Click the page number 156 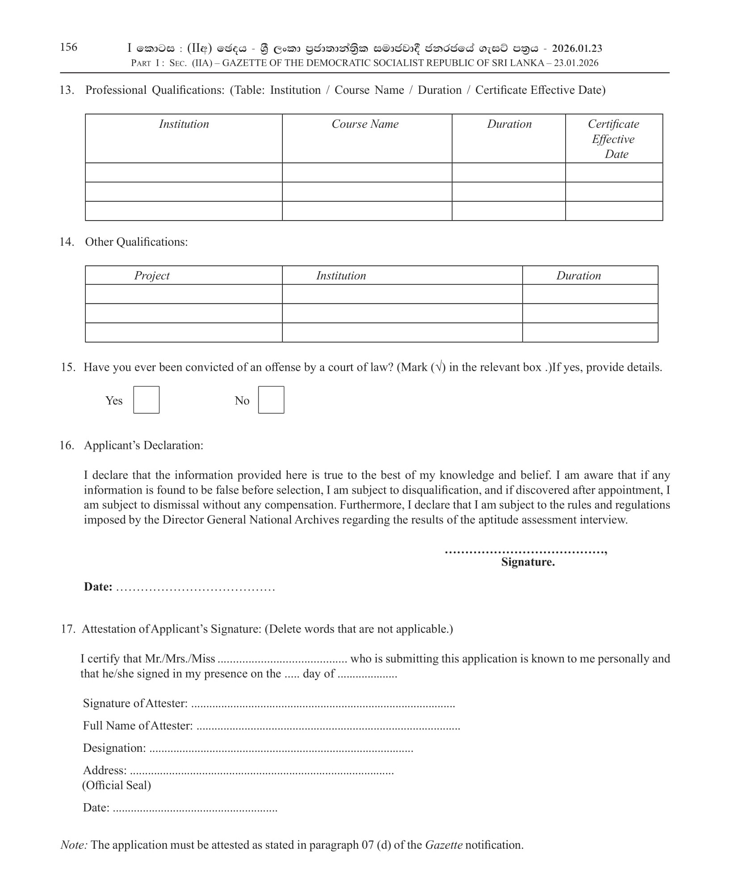[x=68, y=47]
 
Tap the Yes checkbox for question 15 [x=146, y=400]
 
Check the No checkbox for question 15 [x=271, y=400]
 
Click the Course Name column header [x=365, y=124]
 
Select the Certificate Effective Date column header [x=613, y=139]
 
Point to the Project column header [x=152, y=276]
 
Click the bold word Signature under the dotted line [x=528, y=562]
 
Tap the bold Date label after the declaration [x=98, y=587]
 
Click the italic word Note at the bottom [x=74, y=845]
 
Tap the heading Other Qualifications [x=136, y=242]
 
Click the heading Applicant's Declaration [x=143, y=445]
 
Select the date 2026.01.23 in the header [x=577, y=48]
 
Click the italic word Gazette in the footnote [x=443, y=845]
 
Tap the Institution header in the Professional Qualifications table [x=184, y=124]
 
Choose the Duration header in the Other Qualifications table [x=578, y=276]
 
